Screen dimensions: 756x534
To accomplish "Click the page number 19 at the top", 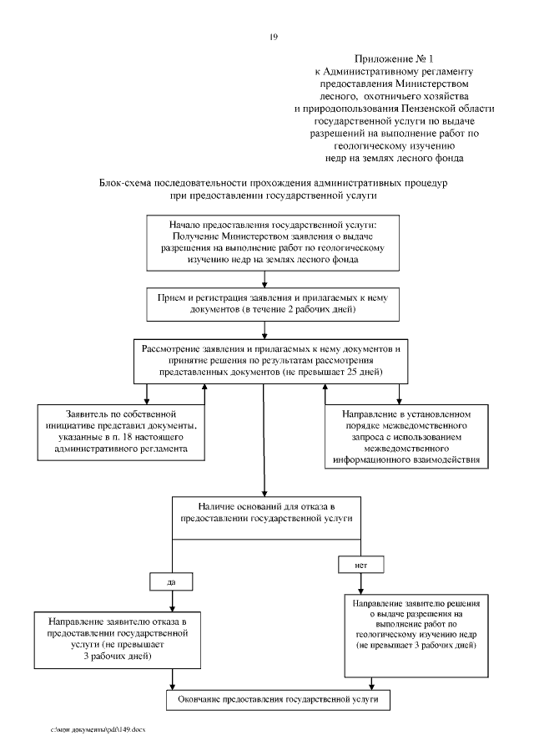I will pyautogui.click(x=273, y=37).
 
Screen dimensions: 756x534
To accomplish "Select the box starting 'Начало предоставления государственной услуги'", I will pyautogui.click(x=264, y=243).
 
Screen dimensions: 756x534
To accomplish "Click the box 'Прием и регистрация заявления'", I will pyautogui.click(x=264, y=304).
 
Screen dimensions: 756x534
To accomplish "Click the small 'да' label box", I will pyautogui.click(x=172, y=579).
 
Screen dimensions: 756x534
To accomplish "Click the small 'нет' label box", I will pyautogui.click(x=360, y=565).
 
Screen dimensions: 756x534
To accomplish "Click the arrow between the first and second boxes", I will pyautogui.click(x=264, y=280).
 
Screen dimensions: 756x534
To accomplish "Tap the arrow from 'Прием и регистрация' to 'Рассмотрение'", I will pyautogui.click(x=264, y=330).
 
